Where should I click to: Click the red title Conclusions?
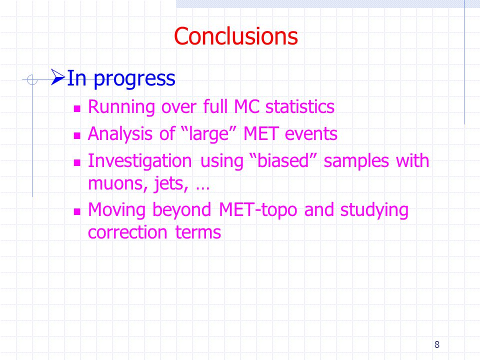pyautogui.click(x=235, y=36)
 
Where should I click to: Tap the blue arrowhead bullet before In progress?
pyautogui.click(x=58, y=77)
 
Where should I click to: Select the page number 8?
pyautogui.click(x=437, y=344)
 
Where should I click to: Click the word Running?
pyautogui.click(x=121, y=107)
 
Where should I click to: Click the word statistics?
pyautogui.click(x=300, y=106)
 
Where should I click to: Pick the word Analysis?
pyautogui.click(x=120, y=134)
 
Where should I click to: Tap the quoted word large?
pyautogui.click(x=209, y=134)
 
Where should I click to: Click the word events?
pyautogui.click(x=311, y=134)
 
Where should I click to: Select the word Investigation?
pyautogui.click(x=140, y=161)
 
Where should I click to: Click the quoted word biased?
pyautogui.click(x=283, y=160)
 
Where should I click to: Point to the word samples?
pyautogui.click(x=356, y=161)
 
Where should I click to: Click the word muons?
pyautogui.click(x=115, y=183)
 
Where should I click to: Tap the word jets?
pyautogui.click(x=169, y=184)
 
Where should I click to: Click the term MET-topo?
pyautogui.click(x=258, y=210)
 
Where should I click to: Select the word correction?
pyautogui.click(x=127, y=232)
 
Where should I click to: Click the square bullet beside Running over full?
pyautogui.click(x=77, y=108)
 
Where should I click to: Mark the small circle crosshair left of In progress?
pyautogui.click(x=32, y=80)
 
